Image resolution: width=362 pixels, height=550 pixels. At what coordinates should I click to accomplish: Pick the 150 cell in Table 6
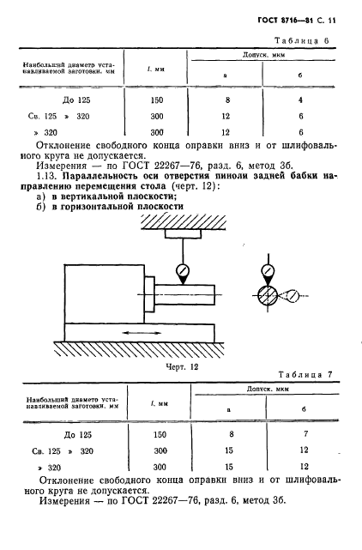[x=157, y=100]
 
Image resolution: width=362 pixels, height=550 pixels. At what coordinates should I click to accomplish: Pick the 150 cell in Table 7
[x=157, y=435]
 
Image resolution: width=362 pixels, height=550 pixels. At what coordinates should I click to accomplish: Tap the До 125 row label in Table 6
[x=55, y=100]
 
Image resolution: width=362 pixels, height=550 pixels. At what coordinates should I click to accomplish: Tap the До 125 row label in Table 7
[x=55, y=435]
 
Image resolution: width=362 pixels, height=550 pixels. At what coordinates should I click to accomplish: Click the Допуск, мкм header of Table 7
[x=263, y=390]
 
